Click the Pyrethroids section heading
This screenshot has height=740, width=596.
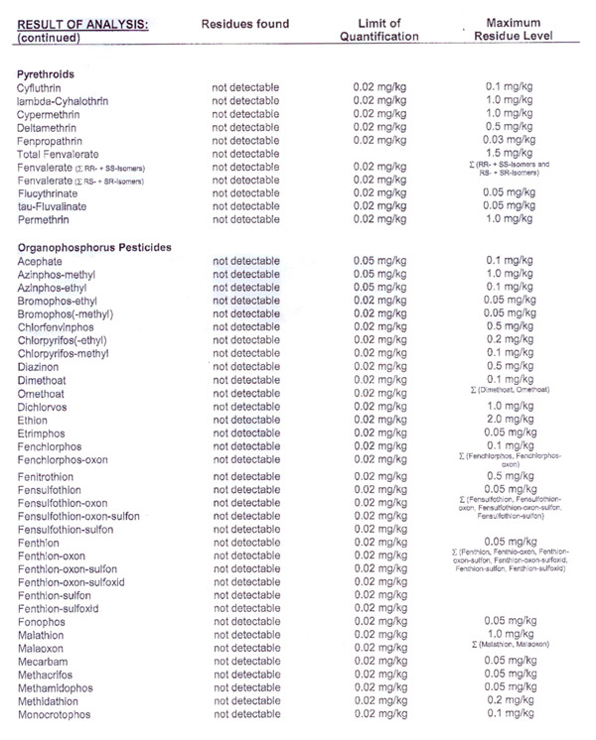pos(48,73)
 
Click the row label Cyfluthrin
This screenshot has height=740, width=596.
pos(42,88)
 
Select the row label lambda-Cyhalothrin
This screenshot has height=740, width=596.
pos(63,101)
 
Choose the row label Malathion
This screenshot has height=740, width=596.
pos(44,633)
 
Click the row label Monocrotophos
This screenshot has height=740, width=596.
pos(55,713)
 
